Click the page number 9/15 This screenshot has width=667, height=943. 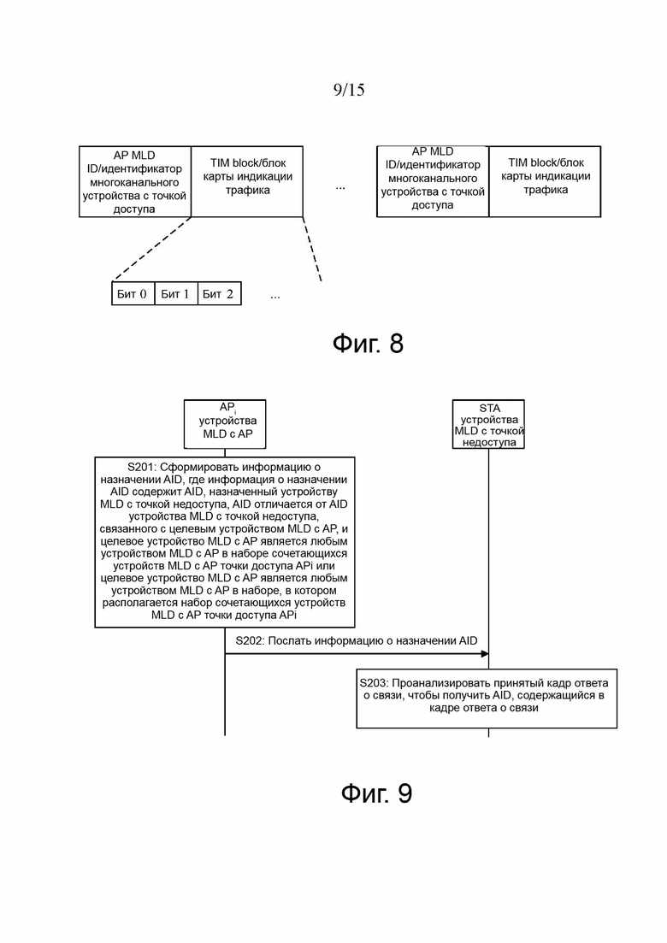coord(349,90)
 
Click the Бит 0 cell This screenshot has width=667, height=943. coord(133,293)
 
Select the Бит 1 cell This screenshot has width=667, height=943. coord(175,293)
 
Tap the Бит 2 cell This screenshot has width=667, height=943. coord(219,293)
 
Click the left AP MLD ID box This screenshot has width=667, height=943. coord(135,181)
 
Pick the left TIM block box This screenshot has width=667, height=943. coord(247,181)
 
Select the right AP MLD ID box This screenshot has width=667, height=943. coord(433,181)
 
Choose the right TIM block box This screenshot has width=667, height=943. coord(545,181)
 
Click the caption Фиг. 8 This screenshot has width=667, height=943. coord(368,344)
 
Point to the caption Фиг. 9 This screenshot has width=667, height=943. coord(376,793)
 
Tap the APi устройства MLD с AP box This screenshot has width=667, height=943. coord(225,424)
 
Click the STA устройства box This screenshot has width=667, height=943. coord(488,424)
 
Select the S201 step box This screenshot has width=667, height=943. coord(224,543)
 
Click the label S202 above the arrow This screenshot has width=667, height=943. coord(356,641)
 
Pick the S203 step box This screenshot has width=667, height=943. coord(487,698)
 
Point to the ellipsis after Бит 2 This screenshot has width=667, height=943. coord(274,298)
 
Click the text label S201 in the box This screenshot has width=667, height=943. coord(141,468)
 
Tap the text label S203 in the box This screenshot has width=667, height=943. coord(374,683)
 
